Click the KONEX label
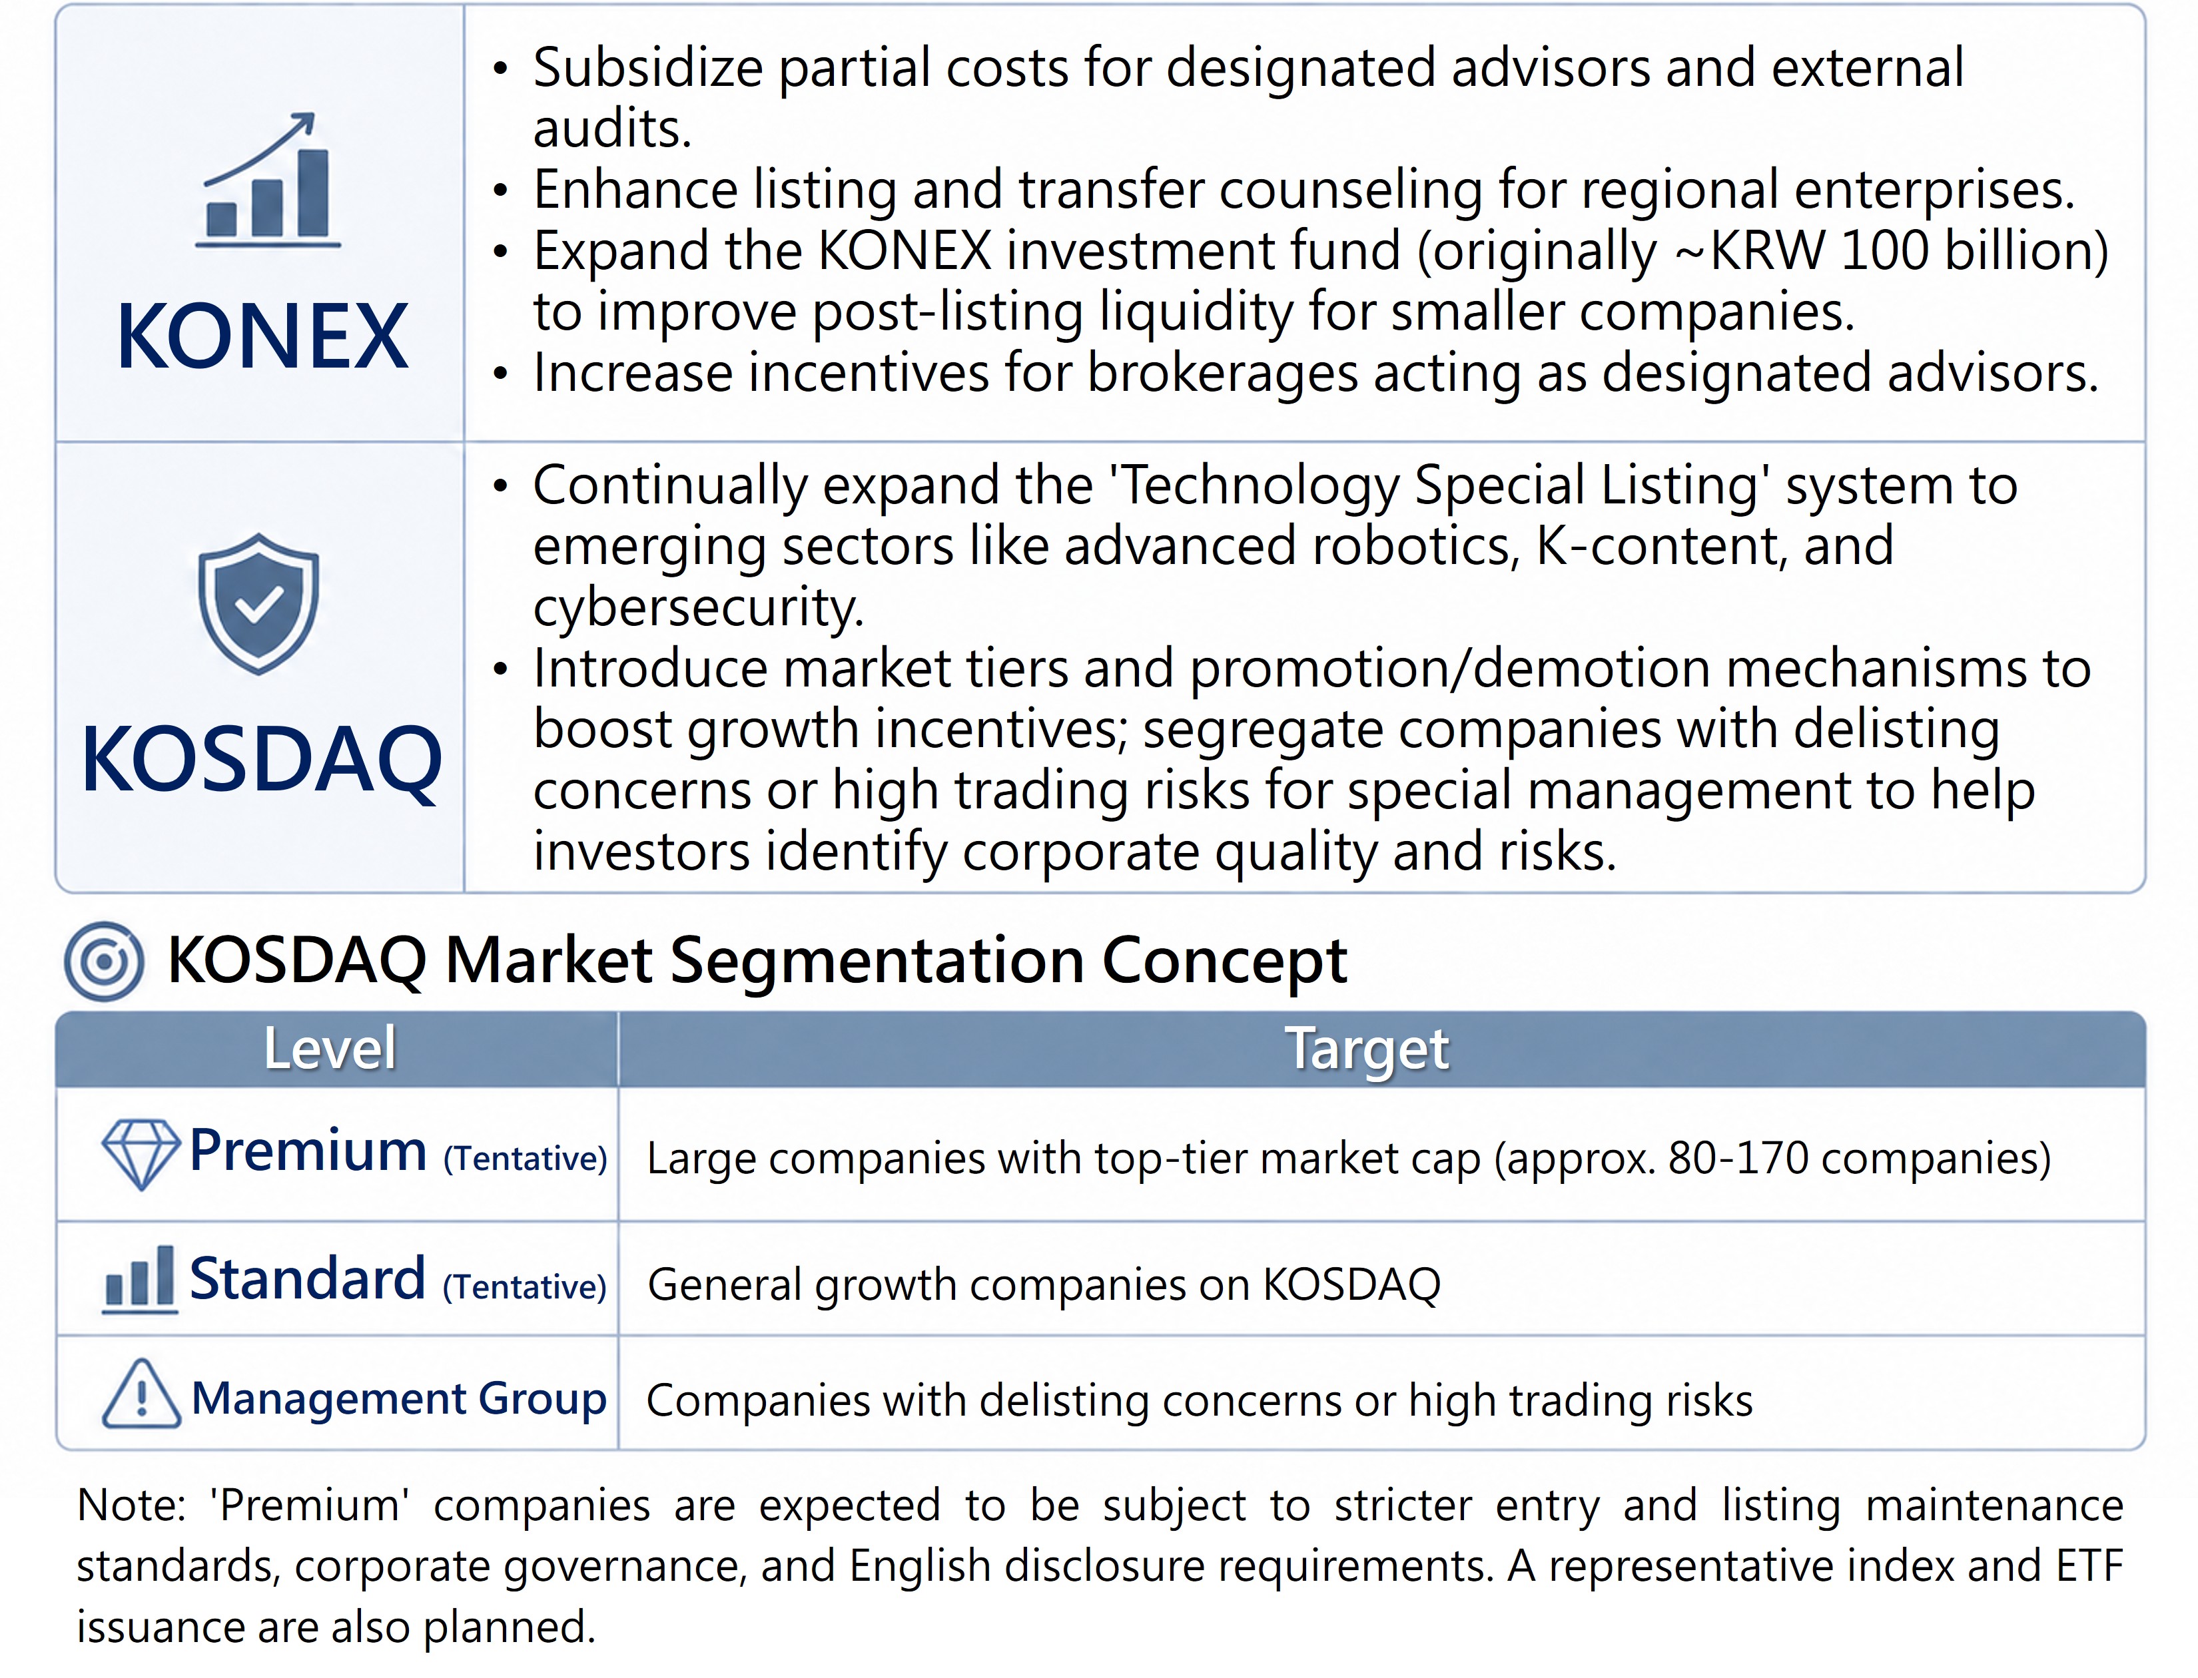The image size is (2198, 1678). tap(262, 337)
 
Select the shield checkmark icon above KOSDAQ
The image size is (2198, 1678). tap(258, 603)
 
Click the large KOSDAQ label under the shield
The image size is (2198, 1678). tap(261, 760)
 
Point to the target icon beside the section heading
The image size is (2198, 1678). tap(104, 961)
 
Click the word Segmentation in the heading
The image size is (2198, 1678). tap(877, 961)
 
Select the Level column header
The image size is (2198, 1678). tap(330, 1049)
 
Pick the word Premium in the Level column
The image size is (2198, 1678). tap(308, 1151)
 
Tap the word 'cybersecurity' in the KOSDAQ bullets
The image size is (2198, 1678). tap(698, 609)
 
